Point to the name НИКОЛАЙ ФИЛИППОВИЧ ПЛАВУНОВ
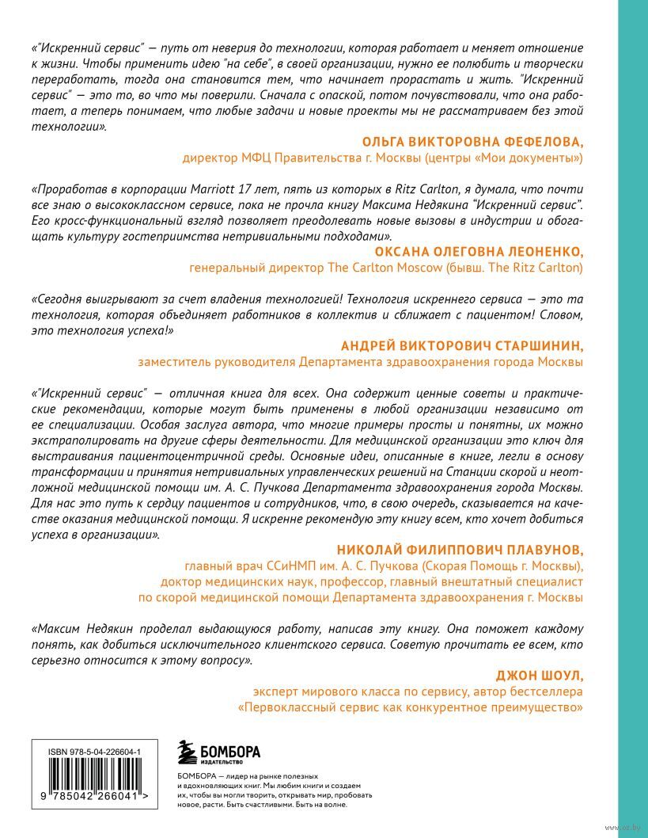coord(460,550)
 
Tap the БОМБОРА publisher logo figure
coord(187,753)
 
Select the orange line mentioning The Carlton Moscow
coord(386,269)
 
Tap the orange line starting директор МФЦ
coord(382,158)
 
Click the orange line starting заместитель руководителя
coord(360,362)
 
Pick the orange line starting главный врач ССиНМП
coord(383,566)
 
